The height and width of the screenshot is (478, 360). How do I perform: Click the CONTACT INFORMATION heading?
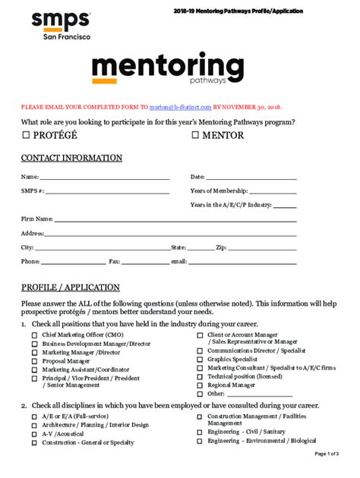(71, 158)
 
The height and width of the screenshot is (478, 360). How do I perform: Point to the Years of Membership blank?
(273, 193)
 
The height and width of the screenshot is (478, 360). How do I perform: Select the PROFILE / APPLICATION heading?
(70, 288)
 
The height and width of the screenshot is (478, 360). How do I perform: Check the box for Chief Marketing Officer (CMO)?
(34, 335)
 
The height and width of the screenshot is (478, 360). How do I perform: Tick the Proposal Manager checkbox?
(34, 362)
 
